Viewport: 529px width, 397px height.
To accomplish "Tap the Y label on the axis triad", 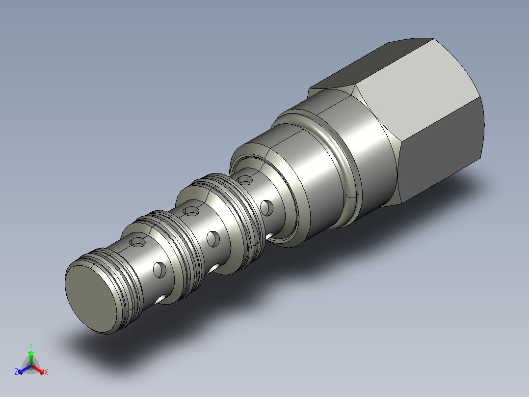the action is (x=31, y=345).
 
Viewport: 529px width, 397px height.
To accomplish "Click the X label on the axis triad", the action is (x=46, y=372).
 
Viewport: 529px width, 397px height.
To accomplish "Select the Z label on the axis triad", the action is (x=16, y=371).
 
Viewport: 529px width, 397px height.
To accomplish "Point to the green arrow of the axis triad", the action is (x=31, y=358).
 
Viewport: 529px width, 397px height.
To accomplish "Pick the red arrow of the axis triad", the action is (x=37, y=369).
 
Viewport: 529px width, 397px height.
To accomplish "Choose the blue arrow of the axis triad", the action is (x=25, y=369).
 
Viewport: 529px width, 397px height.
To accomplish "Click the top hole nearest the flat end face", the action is (x=137, y=242).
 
